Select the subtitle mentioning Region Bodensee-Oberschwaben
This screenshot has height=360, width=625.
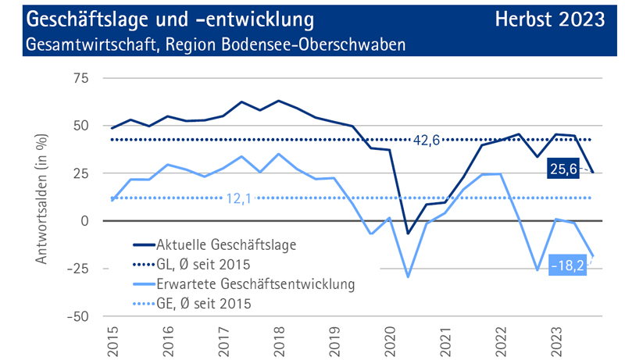216,44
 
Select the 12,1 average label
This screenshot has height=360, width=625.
239,198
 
